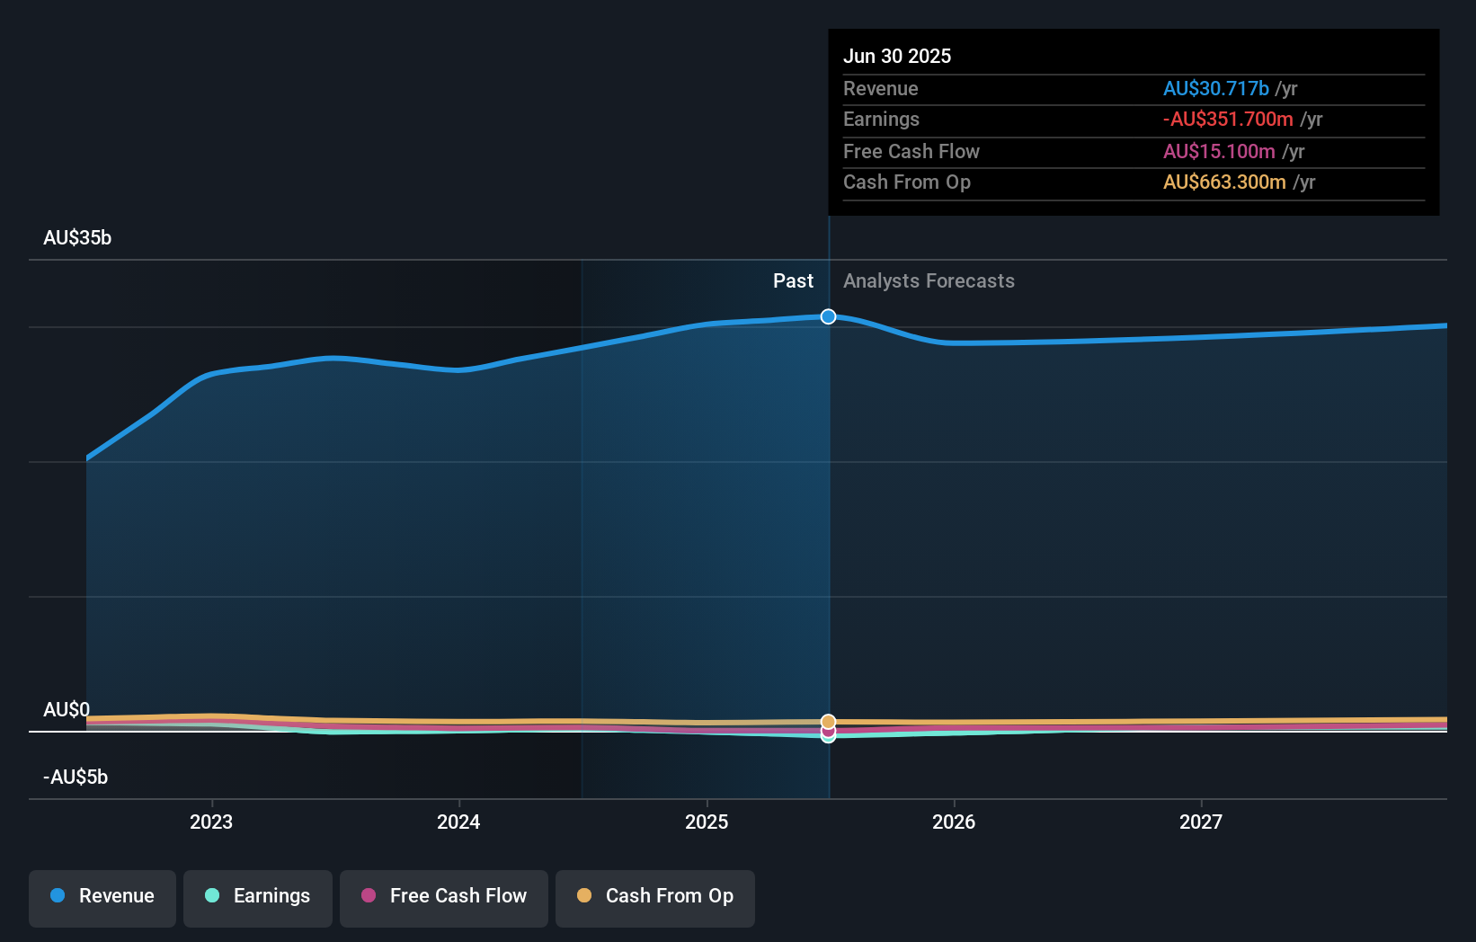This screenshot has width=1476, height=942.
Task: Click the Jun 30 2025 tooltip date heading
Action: (896, 56)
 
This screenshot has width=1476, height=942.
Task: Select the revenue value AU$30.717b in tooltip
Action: (1215, 88)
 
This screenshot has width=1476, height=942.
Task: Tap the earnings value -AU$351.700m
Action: (1228, 119)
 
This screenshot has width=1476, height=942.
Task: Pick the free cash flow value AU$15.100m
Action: (1219, 151)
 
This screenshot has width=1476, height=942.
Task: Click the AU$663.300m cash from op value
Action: (1224, 182)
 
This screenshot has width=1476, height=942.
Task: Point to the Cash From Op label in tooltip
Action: (906, 182)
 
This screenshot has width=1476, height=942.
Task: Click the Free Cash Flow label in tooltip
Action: (911, 151)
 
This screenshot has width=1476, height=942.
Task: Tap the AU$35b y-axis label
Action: (77, 237)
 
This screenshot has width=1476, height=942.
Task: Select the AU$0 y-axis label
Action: (67, 709)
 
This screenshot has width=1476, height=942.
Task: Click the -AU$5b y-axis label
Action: (76, 777)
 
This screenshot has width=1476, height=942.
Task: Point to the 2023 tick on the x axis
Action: (211, 822)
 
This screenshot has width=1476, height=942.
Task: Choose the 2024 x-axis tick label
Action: (458, 822)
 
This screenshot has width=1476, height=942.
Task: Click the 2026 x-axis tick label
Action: (954, 822)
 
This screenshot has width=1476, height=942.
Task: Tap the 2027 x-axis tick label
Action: (1201, 822)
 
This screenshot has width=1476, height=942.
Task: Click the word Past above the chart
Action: (793, 280)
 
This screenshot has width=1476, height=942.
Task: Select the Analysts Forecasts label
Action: (929, 280)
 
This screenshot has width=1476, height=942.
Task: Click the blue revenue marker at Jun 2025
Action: (828, 316)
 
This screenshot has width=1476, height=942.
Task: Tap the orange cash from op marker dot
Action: (828, 722)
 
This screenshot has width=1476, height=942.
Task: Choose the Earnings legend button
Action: (258, 896)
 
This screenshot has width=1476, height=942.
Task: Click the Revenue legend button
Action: (102, 896)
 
